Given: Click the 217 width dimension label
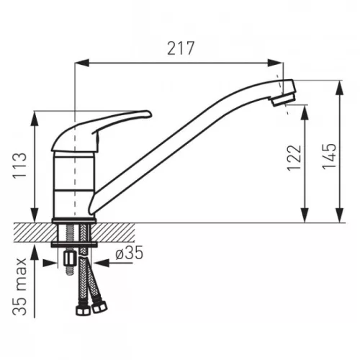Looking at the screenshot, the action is pos(181,48).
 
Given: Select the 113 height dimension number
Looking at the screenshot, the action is pos(19,166).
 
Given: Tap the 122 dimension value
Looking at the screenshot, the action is pos(294,158).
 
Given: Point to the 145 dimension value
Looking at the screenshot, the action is pos(329,156).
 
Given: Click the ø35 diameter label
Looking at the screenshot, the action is pos(130,253).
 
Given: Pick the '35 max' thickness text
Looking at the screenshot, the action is pos(19,287).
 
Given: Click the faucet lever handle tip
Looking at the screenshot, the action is pos(149,114).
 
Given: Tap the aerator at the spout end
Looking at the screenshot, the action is pos(283,99).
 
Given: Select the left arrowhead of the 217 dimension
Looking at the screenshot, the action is pos(82,63).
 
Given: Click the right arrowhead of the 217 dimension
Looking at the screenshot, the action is pos(276,63).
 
